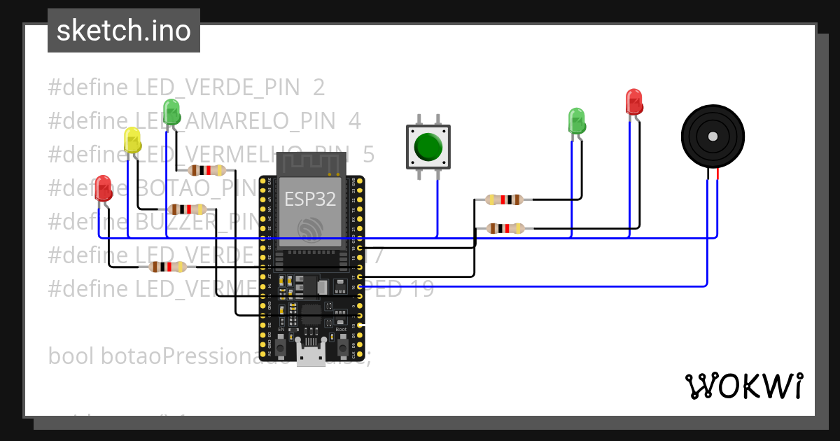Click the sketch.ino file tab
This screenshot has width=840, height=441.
click(x=124, y=31)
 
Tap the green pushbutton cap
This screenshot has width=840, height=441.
click(x=428, y=147)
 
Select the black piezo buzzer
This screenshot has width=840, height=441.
click(x=713, y=136)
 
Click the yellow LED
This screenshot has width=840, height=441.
click(x=132, y=140)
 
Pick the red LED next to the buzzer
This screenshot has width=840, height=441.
click(x=633, y=101)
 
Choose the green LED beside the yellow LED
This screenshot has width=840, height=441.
click(x=171, y=112)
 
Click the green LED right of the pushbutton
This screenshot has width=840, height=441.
click(x=576, y=121)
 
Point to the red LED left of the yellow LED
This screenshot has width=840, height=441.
click(x=104, y=188)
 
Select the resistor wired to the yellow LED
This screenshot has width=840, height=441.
click(x=188, y=209)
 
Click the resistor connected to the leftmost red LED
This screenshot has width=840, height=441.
click(x=168, y=267)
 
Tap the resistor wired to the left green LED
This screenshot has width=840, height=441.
click(x=207, y=170)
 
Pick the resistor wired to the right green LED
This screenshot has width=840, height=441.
click(x=504, y=199)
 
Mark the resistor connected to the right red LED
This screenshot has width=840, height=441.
click(x=505, y=227)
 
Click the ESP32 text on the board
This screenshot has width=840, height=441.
click(x=310, y=198)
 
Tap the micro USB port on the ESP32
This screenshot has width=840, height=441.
click(x=311, y=357)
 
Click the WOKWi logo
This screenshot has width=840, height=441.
click(x=743, y=386)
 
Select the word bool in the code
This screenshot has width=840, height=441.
click(x=72, y=356)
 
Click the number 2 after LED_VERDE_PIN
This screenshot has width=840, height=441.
click(x=319, y=87)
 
